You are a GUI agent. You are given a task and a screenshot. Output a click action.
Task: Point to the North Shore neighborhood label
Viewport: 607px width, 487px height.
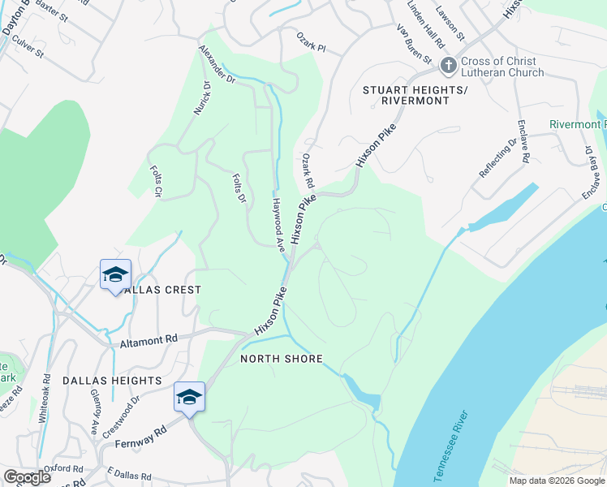tap(282, 359)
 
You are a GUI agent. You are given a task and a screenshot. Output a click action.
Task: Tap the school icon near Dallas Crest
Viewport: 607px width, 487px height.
tap(115, 274)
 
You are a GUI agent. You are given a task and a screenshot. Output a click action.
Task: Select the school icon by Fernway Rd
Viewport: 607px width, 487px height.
tap(189, 398)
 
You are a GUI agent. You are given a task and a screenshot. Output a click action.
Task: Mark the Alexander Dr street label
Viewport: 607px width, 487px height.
tap(217, 65)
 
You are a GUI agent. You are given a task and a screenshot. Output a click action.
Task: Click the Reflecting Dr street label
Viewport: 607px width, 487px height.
tap(497, 159)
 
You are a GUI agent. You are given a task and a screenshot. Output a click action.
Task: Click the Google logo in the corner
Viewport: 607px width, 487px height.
tap(27, 477)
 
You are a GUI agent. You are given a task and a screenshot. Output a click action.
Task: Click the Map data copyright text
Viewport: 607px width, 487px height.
tap(557, 481)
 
